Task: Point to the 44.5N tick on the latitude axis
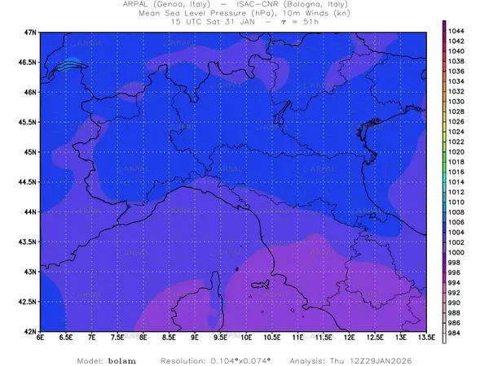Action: pos(28,181)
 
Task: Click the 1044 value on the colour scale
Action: pos(456,30)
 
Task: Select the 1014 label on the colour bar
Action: pos(456,181)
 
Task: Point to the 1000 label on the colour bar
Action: pos(456,252)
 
